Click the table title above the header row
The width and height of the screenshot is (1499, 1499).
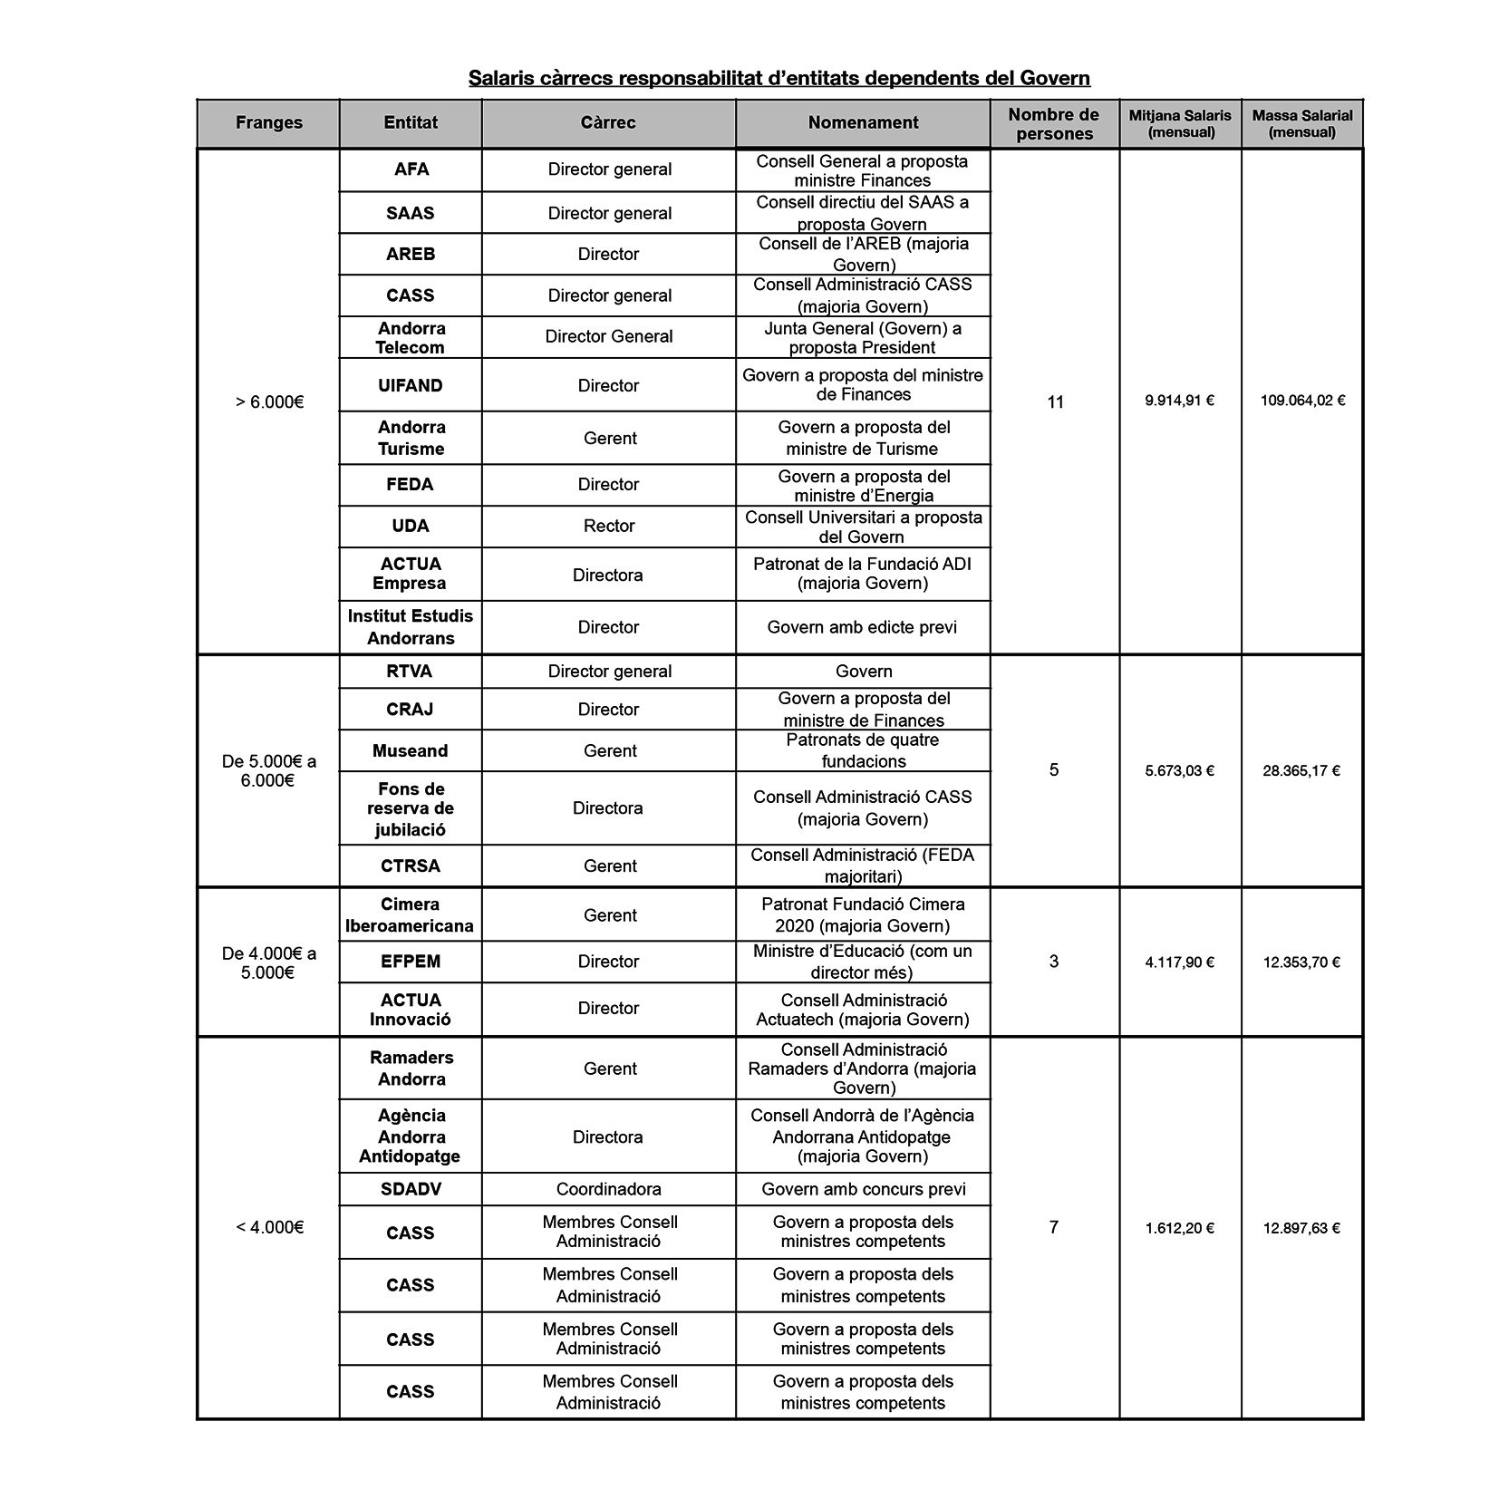[779, 78]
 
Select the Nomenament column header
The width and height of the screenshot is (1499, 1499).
[862, 123]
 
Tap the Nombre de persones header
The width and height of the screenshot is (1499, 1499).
[1053, 124]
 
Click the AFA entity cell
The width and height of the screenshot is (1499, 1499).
[411, 169]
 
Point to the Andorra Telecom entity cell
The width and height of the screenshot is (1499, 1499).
[411, 337]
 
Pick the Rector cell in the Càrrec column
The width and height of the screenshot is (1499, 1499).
[608, 526]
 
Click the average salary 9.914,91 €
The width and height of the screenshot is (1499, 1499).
[1179, 401]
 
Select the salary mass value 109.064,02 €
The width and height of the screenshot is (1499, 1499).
[1301, 401]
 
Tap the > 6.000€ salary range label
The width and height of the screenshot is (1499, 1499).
[268, 401]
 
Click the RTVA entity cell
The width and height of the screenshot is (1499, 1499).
[410, 672]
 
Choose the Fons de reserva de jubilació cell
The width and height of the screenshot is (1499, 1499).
[411, 808]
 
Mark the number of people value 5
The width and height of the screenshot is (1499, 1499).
[1053, 770]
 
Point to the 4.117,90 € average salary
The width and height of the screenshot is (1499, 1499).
[1179, 962]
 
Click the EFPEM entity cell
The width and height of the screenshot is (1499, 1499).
[411, 962]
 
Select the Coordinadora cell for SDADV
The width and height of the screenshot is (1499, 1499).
[608, 1189]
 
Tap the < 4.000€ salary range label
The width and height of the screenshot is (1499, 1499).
[268, 1227]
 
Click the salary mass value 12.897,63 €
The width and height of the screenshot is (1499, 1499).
[1301, 1228]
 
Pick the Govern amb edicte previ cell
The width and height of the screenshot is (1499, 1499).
[862, 627]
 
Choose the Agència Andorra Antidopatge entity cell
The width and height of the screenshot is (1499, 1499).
[411, 1136]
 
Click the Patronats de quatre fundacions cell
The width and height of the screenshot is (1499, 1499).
[862, 750]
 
